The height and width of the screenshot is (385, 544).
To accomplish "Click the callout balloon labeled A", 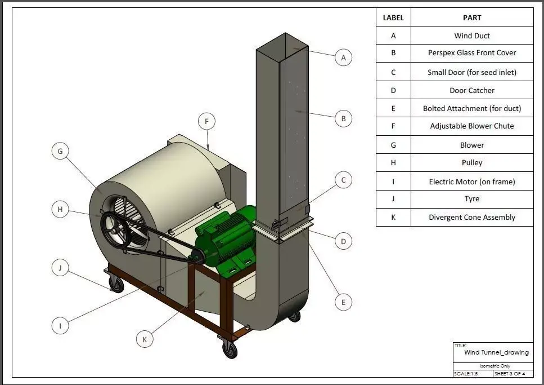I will [343, 57].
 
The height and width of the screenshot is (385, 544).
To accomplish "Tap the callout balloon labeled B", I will [343, 119].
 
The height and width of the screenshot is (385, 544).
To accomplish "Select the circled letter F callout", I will [206, 121].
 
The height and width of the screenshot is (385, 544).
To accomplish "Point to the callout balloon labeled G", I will [60, 151].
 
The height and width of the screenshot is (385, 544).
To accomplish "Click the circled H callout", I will [60, 210].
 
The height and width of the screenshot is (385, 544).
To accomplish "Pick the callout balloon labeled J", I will [60, 268].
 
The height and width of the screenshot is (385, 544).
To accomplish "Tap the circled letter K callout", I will [145, 339].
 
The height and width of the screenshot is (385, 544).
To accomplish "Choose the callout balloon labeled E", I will [343, 302].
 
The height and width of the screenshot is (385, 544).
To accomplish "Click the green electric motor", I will [225, 237].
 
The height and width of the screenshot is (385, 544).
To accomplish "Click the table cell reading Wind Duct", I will [471, 36].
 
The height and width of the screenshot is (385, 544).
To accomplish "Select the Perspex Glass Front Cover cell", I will [471, 53].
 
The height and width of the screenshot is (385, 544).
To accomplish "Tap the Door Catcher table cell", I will [471, 90].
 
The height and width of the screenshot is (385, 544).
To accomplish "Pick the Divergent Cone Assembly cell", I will [471, 217].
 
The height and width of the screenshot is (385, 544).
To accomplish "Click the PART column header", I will [471, 17].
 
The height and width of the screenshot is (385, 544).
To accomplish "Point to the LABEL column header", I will [393, 17].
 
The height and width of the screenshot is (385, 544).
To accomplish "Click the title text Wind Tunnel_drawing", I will [496, 352].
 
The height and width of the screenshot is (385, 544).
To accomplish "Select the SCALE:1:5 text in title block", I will [465, 374].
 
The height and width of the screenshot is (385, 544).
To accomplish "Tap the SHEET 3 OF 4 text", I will [509, 374].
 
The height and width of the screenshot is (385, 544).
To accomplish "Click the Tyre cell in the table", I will [471, 198].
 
